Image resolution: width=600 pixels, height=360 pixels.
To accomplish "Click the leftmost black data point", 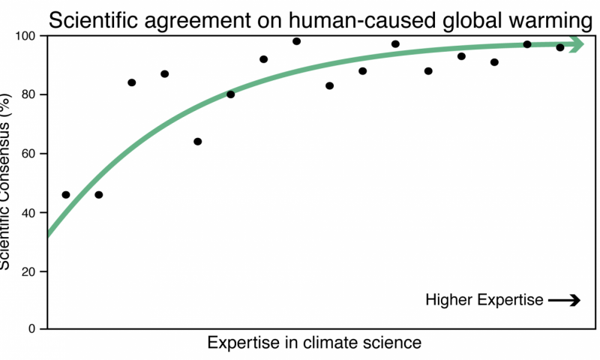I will pyautogui.click(x=66, y=195).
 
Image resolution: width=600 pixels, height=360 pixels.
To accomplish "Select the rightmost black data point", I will pyautogui.click(x=560, y=47).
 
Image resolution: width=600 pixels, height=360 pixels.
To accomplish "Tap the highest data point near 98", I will pyautogui.click(x=296, y=41).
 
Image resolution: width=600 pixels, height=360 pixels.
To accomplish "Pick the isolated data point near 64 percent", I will pyautogui.click(x=198, y=142).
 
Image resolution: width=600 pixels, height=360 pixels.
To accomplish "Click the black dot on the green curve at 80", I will pyautogui.click(x=230, y=94).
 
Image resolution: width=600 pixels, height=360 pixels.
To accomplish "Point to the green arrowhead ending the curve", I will pyautogui.click(x=575, y=44).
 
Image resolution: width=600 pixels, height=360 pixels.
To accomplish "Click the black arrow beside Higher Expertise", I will pyautogui.click(x=564, y=301).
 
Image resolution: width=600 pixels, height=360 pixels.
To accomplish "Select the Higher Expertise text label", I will pyautogui.click(x=484, y=301).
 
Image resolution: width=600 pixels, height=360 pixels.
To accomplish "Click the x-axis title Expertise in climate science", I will pyautogui.click(x=314, y=343).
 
